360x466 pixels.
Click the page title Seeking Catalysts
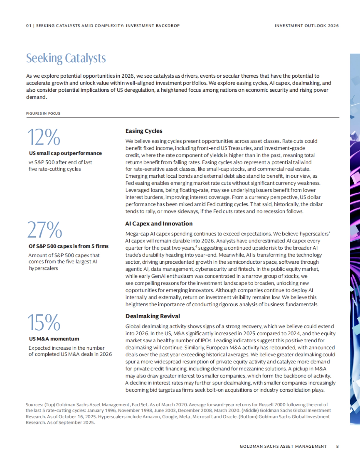click(x=66, y=58)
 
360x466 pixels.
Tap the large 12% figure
click(x=44, y=137)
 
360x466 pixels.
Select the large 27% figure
click(x=44, y=230)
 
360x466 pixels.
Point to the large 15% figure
click(x=44, y=322)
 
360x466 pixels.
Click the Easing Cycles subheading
click(x=144, y=131)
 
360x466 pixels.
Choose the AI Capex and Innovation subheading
click(x=159, y=224)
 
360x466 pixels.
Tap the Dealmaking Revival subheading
click(x=152, y=316)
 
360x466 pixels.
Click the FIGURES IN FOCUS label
click(x=43, y=114)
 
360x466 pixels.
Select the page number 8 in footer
click(x=337, y=446)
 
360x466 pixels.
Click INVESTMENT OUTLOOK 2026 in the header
click(x=307, y=26)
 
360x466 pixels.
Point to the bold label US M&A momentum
click(x=54, y=339)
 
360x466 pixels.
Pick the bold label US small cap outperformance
click(x=65, y=153)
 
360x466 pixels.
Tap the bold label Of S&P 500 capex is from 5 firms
click(x=68, y=246)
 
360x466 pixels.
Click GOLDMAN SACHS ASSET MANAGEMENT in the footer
click(x=283, y=446)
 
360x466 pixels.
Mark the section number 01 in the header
click(x=28, y=26)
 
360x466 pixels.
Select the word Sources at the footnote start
click(x=34, y=405)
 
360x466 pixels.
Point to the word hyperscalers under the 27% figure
click(x=43, y=268)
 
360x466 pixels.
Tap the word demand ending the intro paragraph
click(x=36, y=97)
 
